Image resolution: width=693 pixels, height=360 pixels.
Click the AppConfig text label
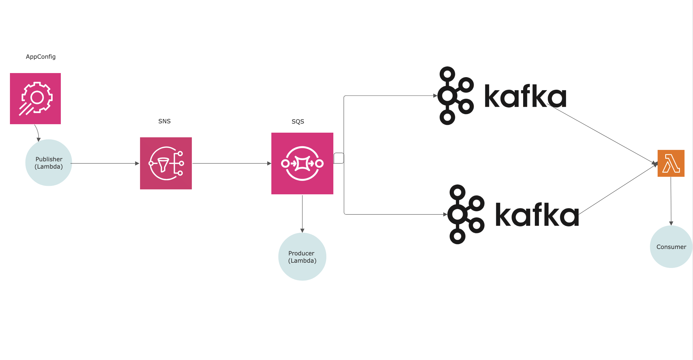(41, 57)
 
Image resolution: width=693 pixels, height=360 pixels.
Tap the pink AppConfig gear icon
(35, 98)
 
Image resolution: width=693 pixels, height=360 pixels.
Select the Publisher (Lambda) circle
(49, 162)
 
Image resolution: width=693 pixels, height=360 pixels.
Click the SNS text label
(164, 121)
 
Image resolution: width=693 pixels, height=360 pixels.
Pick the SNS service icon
(166, 163)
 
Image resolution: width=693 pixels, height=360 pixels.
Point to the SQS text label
(298, 122)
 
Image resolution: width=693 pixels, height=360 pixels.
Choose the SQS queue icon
(302, 163)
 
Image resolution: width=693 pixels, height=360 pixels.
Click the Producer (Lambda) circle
(302, 257)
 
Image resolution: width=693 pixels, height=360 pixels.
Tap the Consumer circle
(671, 247)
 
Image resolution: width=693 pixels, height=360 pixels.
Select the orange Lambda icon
(671, 163)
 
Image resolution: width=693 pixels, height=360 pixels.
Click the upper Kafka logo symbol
(456, 96)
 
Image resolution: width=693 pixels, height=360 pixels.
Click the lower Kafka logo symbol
(466, 214)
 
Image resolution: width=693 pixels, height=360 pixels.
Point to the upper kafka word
(525, 96)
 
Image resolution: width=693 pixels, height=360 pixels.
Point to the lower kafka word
(537, 214)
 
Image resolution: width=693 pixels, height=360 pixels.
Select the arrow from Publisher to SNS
(105, 163)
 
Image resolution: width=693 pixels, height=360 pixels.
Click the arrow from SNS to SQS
(232, 163)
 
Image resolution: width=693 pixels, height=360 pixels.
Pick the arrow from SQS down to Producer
(302, 214)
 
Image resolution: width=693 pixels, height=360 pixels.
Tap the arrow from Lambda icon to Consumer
(671, 201)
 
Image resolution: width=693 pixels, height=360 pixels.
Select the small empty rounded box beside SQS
(339, 158)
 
